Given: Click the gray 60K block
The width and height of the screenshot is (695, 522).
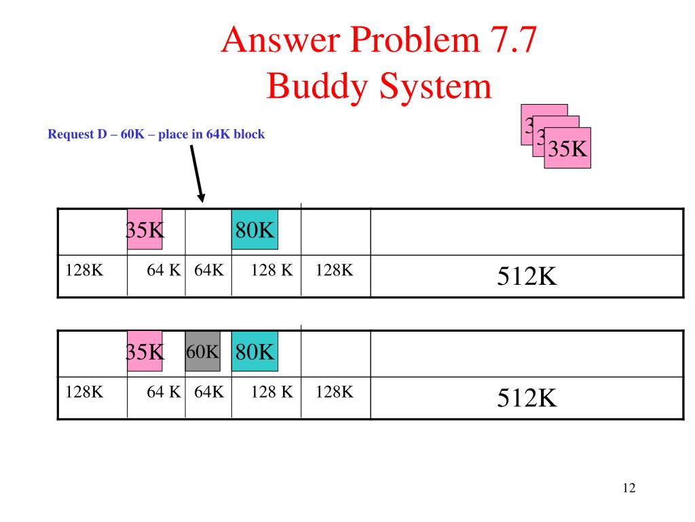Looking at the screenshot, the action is pos(203,352).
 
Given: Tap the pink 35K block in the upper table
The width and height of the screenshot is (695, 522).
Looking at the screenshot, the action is pos(145,230).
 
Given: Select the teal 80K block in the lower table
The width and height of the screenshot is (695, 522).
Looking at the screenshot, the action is pos(255,352).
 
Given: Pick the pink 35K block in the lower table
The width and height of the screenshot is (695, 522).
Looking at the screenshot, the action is pos(145,352).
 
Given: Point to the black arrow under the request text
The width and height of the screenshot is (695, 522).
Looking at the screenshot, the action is pos(197,173).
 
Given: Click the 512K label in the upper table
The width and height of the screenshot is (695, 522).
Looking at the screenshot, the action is pos(527,276).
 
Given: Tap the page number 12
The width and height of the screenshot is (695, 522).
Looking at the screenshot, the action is pos(628,488).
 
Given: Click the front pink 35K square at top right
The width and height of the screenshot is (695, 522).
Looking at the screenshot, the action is pos(567,148).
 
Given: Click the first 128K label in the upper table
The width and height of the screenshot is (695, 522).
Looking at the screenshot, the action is pos(84,270).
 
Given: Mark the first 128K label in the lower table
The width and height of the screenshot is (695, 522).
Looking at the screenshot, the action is pos(84,392).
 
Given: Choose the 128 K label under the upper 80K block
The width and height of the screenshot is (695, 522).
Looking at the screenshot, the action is pos(271,270).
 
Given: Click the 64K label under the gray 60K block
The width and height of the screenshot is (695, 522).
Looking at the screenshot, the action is pos(209,392).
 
